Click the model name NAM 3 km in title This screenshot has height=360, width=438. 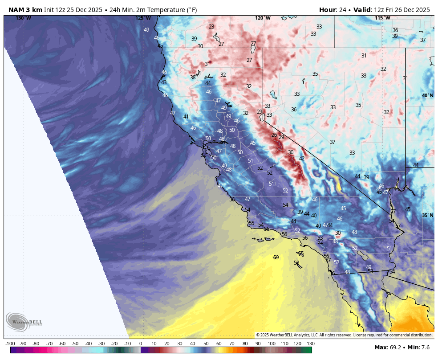pyautogui.click(x=25, y=10)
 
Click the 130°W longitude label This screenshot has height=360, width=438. pyautogui.click(x=23, y=18)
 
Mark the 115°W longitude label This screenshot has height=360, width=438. pyautogui.click(x=382, y=18)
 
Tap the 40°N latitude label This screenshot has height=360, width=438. pyautogui.click(x=427, y=96)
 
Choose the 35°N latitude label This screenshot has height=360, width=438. pyautogui.click(x=427, y=215)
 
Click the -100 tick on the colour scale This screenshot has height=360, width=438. pyautogui.click(x=10, y=344)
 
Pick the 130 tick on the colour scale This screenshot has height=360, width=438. pyautogui.click(x=311, y=344)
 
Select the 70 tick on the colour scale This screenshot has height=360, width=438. pyautogui.click(x=232, y=344)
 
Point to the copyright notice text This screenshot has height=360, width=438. pyautogui.click(x=344, y=335)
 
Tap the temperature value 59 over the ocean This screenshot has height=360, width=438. pyautogui.click(x=276, y=258)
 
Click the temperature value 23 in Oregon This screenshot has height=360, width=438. pyautogui.click(x=211, y=27)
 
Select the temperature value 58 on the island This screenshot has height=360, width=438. pyautogui.click(x=296, y=263)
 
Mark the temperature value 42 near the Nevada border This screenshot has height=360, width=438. pyautogui.click(x=302, y=158)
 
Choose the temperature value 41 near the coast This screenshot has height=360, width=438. pyautogui.click(x=186, y=117)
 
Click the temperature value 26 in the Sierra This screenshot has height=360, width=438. pyautogui.click(x=274, y=135)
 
